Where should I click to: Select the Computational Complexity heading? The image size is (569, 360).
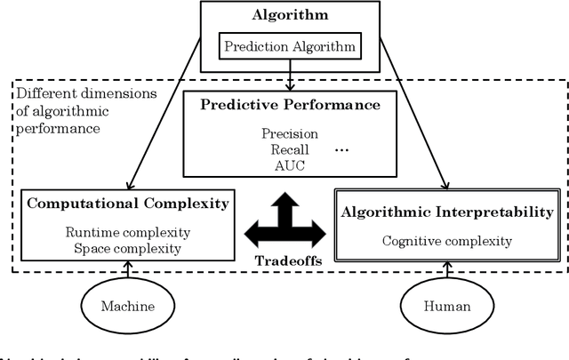(x=128, y=204)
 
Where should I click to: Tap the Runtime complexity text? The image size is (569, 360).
(x=127, y=233)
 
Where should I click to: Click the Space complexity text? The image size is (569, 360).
(x=127, y=248)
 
